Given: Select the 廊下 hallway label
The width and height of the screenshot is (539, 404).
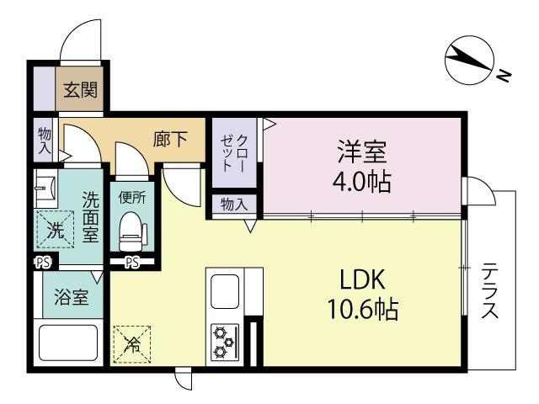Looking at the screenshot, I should tap(170, 140).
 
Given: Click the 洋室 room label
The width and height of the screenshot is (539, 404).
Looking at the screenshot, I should tap(362, 152).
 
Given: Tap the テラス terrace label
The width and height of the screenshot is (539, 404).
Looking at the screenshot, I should tap(490, 290).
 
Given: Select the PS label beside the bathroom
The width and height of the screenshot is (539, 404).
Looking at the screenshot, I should tap(41, 263).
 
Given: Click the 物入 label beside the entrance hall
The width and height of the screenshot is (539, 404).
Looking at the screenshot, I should tap(44, 140).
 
